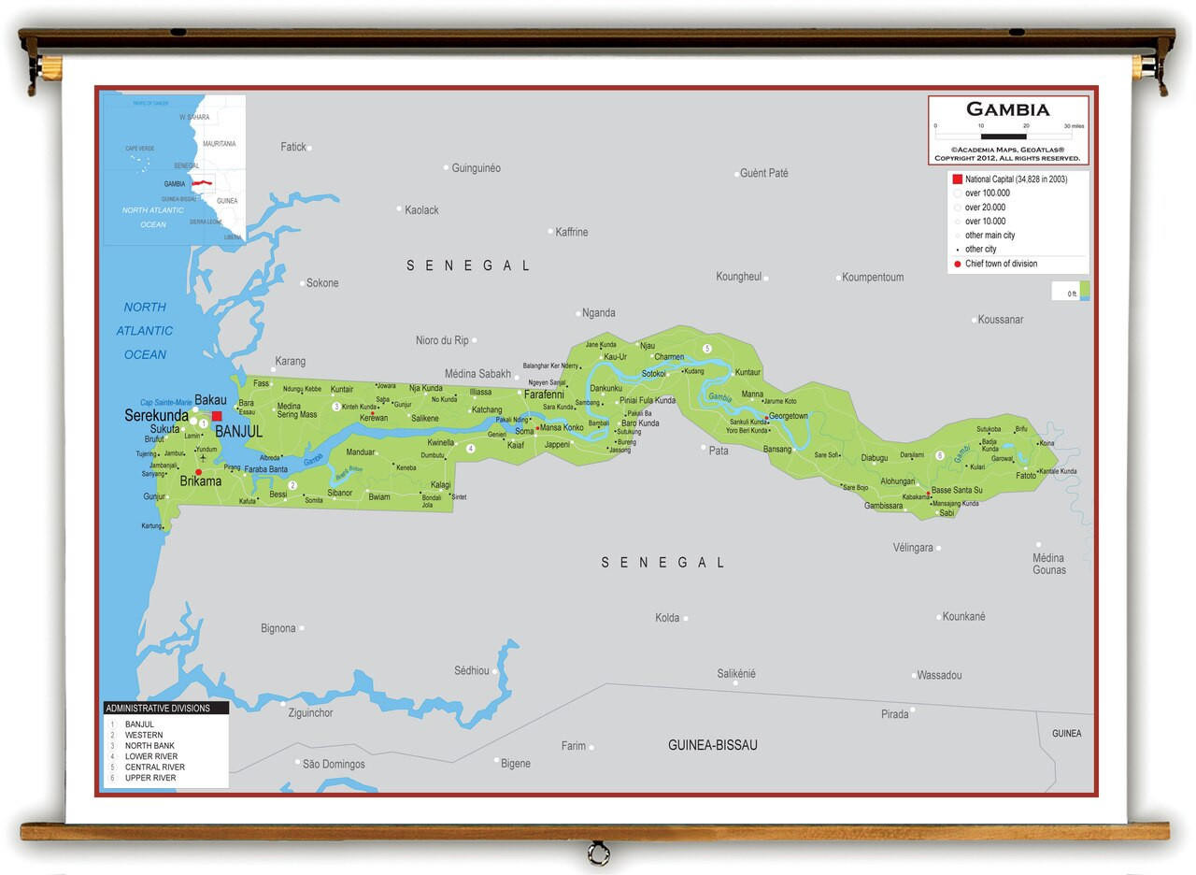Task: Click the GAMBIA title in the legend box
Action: click(x=1007, y=109)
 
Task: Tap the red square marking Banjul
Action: click(x=217, y=416)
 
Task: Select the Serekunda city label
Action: click(x=156, y=415)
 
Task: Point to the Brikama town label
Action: click(x=201, y=481)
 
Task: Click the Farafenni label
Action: click(x=544, y=394)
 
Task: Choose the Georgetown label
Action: click(x=788, y=416)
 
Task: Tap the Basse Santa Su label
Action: click(x=957, y=490)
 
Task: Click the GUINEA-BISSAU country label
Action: click(x=712, y=745)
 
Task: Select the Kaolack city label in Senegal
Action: click(x=421, y=210)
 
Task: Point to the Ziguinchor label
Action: click(x=310, y=713)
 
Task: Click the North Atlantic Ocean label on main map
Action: click(x=145, y=331)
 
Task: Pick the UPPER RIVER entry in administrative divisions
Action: click(x=149, y=778)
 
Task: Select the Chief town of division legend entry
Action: click(x=1001, y=264)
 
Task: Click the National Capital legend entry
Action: click(x=1015, y=179)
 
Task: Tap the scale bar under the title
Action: click(x=1004, y=136)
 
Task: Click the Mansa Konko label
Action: click(x=562, y=428)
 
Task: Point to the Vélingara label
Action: click(x=913, y=548)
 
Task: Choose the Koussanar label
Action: click(x=1001, y=320)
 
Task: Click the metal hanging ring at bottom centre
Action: click(x=598, y=853)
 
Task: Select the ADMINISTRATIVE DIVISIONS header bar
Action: click(x=165, y=708)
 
